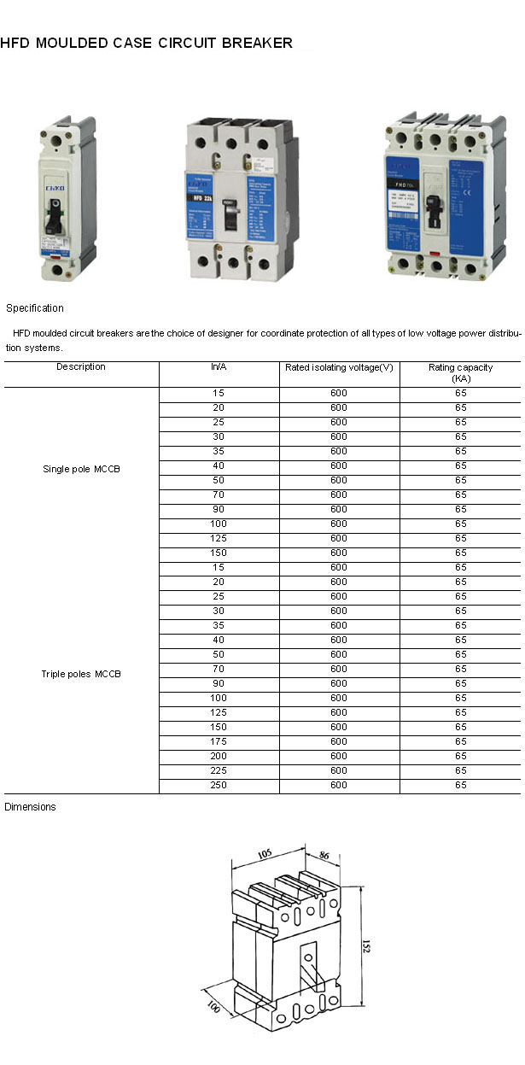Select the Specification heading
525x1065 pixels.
tap(35, 308)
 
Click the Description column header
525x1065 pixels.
tap(81, 367)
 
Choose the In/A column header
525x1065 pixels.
tap(219, 367)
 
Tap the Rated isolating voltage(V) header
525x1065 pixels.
tap(339, 367)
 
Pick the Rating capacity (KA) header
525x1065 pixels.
tap(461, 372)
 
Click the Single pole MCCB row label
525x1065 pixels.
tap(81, 470)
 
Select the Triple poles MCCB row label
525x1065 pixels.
tap(81, 675)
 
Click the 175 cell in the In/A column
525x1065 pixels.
tap(219, 741)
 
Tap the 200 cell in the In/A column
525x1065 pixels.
tap(219, 756)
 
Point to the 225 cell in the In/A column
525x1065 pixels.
tap(219, 770)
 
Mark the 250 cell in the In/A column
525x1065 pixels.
tap(219, 785)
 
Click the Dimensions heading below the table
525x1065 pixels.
tap(30, 807)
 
